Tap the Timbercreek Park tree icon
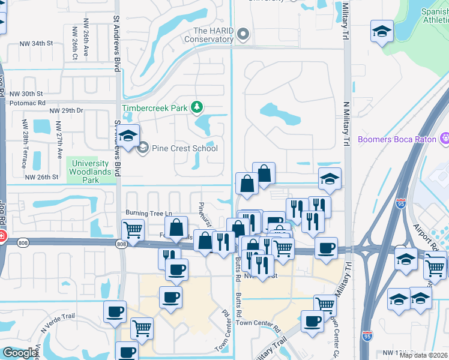pos(196,107)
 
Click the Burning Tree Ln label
pos(148,213)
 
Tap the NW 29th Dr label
pos(66,111)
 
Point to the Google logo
pos(20,352)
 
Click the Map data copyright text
pos(424,355)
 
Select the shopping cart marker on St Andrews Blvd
pos(133,230)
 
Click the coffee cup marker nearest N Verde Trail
pos(115,311)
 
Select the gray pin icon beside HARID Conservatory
pos(243,35)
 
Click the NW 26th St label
pos(41,177)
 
